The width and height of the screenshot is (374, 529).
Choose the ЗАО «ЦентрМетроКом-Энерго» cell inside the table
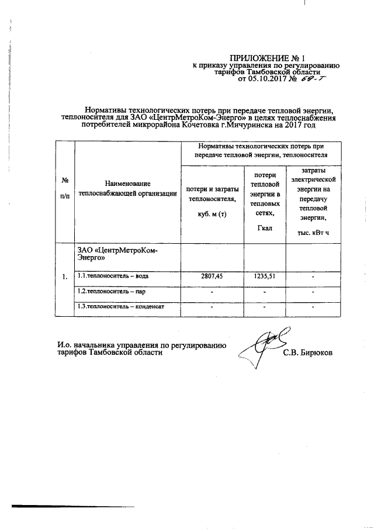(117, 253)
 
